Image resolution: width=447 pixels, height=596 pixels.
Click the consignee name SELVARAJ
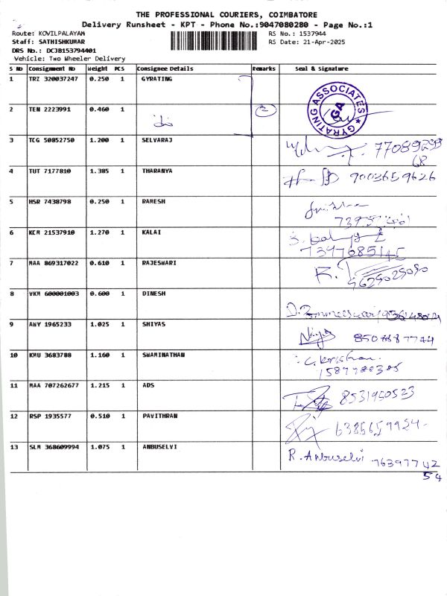pyautogui.click(x=158, y=140)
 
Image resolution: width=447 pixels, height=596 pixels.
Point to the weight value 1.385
pyautogui.click(x=98, y=171)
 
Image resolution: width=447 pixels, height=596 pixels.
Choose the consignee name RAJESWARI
pyautogui.click(x=159, y=263)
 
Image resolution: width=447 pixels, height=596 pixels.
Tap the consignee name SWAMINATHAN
pyautogui.click(x=163, y=355)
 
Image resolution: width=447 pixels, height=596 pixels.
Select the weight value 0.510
pyautogui.click(x=98, y=416)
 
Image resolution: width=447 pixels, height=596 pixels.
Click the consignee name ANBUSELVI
pyautogui.click(x=160, y=446)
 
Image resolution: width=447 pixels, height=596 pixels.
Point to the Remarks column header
pyautogui.click(x=264, y=69)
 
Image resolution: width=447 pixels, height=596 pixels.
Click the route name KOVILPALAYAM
pyautogui.click(x=59, y=35)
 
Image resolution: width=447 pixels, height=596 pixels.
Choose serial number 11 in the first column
pyautogui.click(x=13, y=385)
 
